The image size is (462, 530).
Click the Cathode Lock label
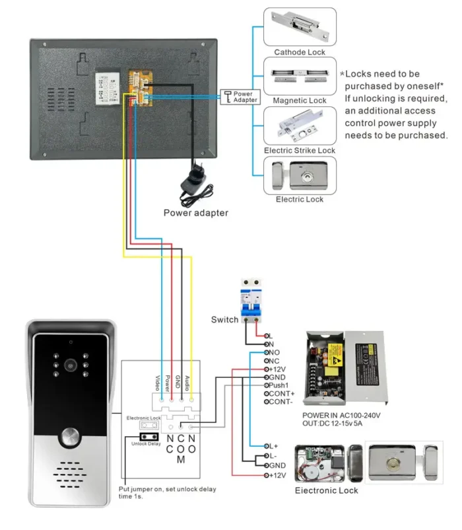[300, 52]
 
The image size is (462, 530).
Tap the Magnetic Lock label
[300, 100]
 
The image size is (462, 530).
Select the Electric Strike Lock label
[300, 150]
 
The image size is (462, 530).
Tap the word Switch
[224, 320]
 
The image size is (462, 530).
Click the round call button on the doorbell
[69, 438]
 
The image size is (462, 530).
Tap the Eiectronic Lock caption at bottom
[326, 490]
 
